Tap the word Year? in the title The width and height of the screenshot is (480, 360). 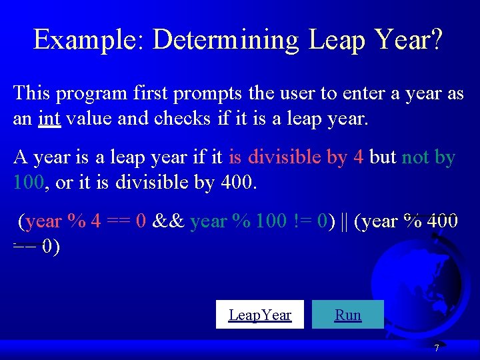[x=408, y=40]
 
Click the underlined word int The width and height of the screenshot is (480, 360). [x=49, y=118]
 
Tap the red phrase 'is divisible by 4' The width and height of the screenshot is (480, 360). [x=296, y=157]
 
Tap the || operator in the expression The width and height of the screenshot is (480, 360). [x=343, y=221]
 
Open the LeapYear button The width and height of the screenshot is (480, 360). [x=260, y=315]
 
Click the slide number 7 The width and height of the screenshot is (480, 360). [x=436, y=348]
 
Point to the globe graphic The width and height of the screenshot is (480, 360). [x=420, y=273]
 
